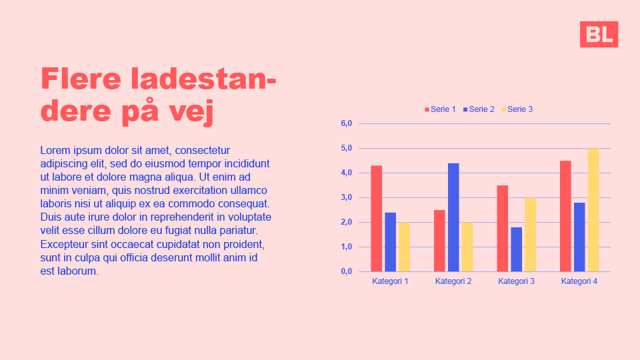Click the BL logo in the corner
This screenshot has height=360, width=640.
pyautogui.click(x=599, y=34)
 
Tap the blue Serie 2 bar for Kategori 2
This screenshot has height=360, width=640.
pyautogui.click(x=453, y=217)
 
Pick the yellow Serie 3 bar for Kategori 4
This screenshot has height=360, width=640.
pyautogui.click(x=593, y=210)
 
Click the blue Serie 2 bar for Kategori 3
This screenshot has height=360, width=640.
pyautogui.click(x=517, y=249)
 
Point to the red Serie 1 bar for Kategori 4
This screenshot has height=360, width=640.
pyautogui.click(x=565, y=216)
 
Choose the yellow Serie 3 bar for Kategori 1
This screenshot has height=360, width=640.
pyautogui.click(x=405, y=247)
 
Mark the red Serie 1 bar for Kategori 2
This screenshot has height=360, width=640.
pyautogui.click(x=439, y=241)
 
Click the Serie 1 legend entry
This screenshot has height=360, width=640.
pyautogui.click(x=441, y=109)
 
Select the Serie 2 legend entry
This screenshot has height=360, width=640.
pyautogui.click(x=479, y=109)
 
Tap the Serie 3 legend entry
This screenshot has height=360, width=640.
pyautogui.click(x=517, y=109)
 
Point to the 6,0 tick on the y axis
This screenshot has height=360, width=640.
pyautogui.click(x=346, y=123)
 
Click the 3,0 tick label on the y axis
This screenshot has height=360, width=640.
pyautogui.click(x=346, y=197)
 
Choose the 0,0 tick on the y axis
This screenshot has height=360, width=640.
pyautogui.click(x=346, y=271)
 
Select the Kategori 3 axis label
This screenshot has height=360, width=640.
pyautogui.click(x=517, y=281)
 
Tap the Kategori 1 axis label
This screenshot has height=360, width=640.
pyautogui.click(x=390, y=281)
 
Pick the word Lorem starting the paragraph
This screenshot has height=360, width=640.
pyautogui.click(x=55, y=151)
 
